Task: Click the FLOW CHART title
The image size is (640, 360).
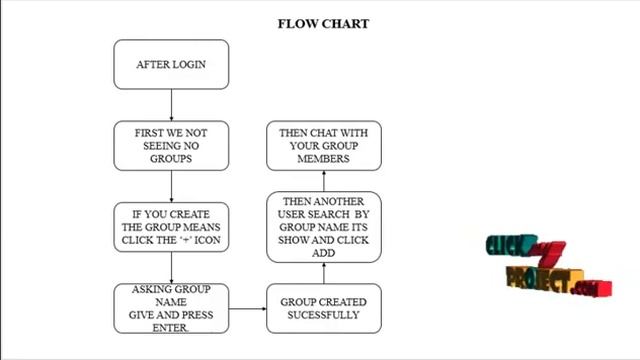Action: (323, 24)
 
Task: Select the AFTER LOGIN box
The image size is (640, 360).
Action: (171, 64)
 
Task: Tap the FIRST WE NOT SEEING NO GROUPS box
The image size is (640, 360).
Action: (171, 146)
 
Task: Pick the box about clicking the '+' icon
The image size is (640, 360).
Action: (171, 227)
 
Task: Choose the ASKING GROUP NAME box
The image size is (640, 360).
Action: (171, 309)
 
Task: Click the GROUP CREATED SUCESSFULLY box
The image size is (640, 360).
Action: (324, 309)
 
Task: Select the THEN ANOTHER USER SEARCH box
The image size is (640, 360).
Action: (324, 227)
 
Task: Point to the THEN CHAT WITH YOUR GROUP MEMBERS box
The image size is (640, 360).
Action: (324, 146)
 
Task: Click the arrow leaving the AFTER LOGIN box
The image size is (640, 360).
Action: (171, 105)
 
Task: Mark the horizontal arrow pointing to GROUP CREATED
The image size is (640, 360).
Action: (248, 309)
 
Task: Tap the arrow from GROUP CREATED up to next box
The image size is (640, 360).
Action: (324, 273)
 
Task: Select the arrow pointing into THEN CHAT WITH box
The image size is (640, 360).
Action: (324, 181)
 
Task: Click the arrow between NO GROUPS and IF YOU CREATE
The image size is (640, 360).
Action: (171, 186)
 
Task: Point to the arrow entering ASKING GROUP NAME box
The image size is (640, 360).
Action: (171, 268)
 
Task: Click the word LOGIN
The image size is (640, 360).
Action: (189, 64)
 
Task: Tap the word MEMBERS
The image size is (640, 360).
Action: (323, 159)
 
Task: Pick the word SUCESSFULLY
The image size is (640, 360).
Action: (323, 315)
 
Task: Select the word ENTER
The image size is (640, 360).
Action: (170, 328)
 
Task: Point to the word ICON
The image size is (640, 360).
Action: (207, 240)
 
